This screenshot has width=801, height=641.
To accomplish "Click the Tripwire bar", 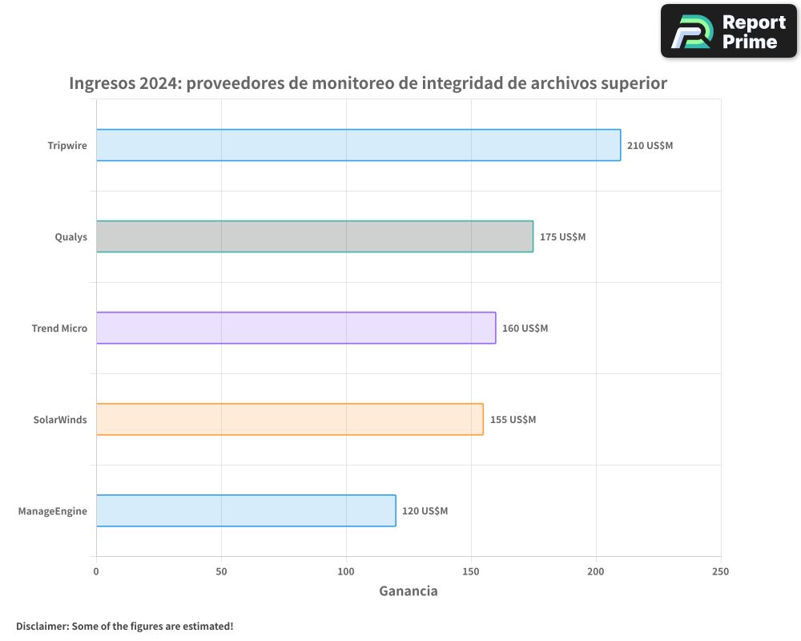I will (x=358, y=145).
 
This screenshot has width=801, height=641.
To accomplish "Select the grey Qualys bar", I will (x=315, y=236).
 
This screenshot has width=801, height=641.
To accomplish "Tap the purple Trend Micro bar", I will (x=296, y=328).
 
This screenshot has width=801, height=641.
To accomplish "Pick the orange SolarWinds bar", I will (x=289, y=419).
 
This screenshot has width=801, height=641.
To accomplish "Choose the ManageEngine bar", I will (x=246, y=510).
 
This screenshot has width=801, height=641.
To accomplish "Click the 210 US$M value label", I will (x=650, y=146).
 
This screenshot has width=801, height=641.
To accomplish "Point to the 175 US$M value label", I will (x=562, y=237).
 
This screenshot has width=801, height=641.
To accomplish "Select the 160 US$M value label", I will (x=525, y=329).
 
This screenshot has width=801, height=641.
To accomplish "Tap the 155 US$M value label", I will (x=513, y=420).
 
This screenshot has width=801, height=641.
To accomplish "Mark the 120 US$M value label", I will (x=425, y=511).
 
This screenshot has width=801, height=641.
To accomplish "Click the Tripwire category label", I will (x=67, y=146).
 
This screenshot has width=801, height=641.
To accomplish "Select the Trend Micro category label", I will (x=59, y=329).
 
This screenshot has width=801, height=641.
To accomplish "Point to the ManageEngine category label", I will (x=53, y=511).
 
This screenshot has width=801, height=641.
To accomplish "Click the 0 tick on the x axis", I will (x=96, y=571).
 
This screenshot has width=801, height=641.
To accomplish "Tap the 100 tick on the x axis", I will (x=346, y=571).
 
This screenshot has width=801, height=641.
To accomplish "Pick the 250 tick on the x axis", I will (x=721, y=571).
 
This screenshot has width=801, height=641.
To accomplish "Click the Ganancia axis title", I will (x=409, y=591).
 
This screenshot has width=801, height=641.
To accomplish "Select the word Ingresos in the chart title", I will (x=102, y=83).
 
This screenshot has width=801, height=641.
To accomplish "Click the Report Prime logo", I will (x=729, y=31).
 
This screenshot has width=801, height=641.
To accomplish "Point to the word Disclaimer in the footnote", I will (x=42, y=626).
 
